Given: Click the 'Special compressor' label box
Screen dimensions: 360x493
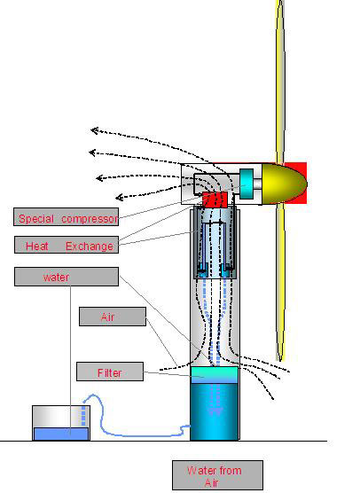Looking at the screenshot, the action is [66, 216].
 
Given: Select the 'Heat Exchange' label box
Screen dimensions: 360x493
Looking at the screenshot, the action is [67, 245].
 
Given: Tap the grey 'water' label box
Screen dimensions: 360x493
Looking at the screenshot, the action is [67, 277].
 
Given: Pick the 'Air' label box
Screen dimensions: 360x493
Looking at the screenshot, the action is [113, 317].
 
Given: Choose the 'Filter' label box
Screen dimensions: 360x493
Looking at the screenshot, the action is [110, 372].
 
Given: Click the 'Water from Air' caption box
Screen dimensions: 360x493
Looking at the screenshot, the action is [217, 475].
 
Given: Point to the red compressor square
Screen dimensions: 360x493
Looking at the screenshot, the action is [215, 200].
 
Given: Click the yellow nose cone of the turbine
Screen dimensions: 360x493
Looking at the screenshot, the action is [284, 184].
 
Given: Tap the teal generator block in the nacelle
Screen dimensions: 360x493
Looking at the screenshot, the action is [247, 184].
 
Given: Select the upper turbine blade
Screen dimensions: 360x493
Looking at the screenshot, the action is [280, 82].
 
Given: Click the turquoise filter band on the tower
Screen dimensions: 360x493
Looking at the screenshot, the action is [215, 374].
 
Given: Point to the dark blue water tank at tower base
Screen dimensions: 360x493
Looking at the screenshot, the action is [215, 411].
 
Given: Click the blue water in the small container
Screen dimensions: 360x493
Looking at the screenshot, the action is [61, 434].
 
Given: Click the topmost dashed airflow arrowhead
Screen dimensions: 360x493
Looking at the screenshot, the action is [94, 130].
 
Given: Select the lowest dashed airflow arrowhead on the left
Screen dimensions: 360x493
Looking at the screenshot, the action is [119, 198].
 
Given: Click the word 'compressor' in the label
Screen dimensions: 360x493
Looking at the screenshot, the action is [90, 219].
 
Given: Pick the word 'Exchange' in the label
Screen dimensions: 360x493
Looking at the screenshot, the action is [90, 246].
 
